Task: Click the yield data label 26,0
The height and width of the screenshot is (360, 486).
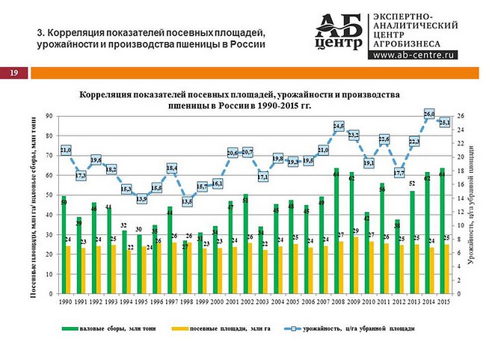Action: click(429, 114)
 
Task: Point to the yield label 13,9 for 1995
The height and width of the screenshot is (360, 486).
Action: click(141, 199)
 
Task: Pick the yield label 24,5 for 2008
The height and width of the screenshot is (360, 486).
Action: click(338, 126)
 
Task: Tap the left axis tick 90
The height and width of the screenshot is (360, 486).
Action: click(49, 115)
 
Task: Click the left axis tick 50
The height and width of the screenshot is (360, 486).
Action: click(49, 195)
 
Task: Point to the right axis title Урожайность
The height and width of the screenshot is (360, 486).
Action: click(473, 202)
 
